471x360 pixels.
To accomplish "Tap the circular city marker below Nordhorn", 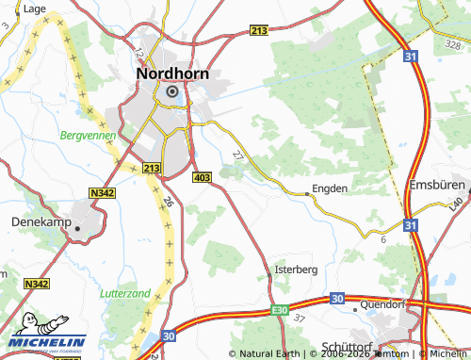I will click(x=172, y=91).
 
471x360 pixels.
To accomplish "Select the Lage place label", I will click(x=34, y=8).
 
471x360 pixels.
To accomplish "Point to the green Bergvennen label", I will click(x=87, y=137).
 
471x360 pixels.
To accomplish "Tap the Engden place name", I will click(x=330, y=188).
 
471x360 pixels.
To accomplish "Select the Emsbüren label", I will click(x=438, y=184).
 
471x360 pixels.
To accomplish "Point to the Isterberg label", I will click(x=295, y=269).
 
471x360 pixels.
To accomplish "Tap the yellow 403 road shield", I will click(x=201, y=177).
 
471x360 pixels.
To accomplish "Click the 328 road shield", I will click(x=451, y=43).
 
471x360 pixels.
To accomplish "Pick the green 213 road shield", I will click(x=152, y=168).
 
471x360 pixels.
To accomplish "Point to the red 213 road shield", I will click(x=260, y=32).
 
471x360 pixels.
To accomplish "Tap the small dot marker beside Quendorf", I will click(x=354, y=305).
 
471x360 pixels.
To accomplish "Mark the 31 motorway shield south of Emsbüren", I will click(x=410, y=225).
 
